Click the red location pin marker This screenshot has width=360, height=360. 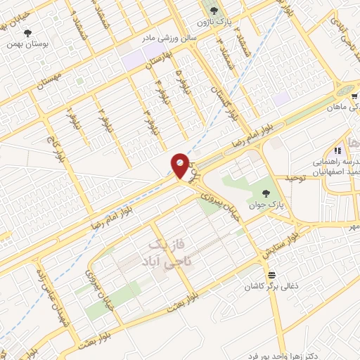[x=180, y=167]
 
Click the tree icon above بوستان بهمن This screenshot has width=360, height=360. [x=28, y=32]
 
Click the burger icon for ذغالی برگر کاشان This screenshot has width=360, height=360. [x=272, y=274]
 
